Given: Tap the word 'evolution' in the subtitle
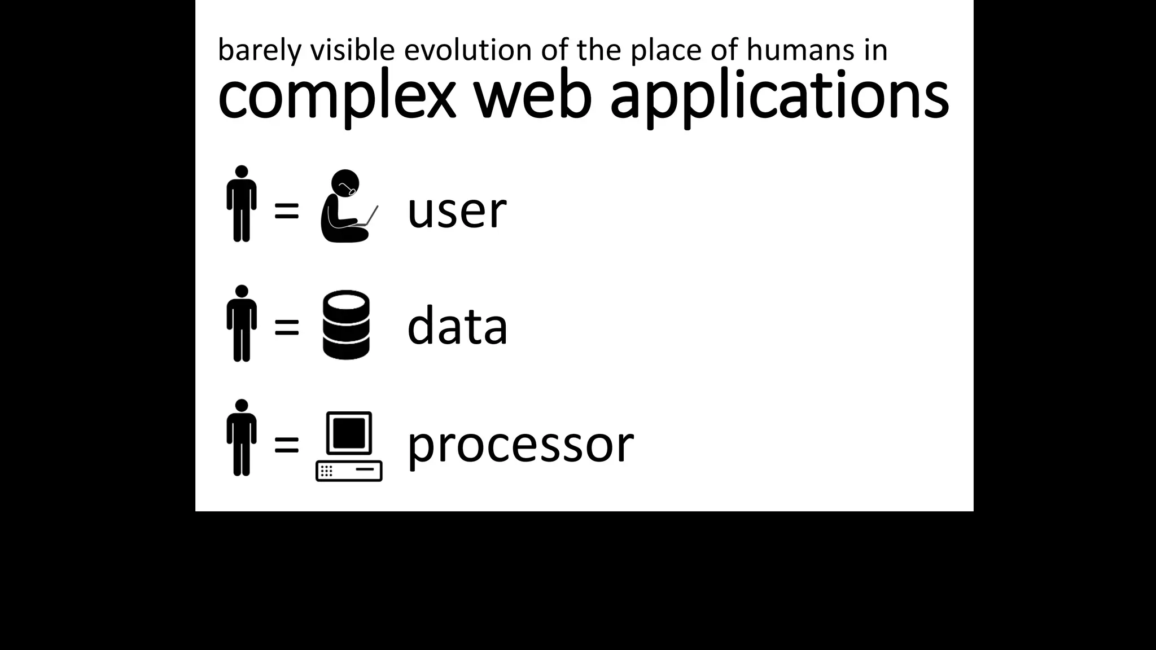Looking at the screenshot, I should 468,50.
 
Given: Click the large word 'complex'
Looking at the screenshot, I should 336,96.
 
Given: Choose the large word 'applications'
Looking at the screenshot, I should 780,96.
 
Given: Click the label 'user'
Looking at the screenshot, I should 457,210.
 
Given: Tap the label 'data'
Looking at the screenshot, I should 457,326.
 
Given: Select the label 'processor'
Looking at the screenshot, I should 520,445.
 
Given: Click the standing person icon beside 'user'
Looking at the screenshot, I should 242,204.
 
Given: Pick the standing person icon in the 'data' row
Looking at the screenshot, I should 242,323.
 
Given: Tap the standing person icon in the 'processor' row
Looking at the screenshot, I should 242,438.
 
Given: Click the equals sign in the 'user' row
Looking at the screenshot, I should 286,212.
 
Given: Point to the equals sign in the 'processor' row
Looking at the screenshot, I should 286,445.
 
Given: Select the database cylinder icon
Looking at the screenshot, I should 346,324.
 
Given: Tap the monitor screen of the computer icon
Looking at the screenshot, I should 349,433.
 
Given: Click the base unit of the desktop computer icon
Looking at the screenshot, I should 349,471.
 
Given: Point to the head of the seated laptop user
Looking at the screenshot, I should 345,182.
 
